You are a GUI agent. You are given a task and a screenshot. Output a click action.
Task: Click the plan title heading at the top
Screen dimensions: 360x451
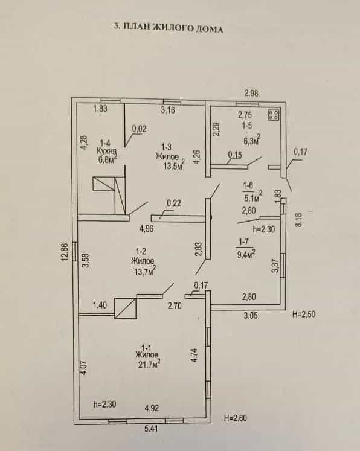click(x=169, y=28)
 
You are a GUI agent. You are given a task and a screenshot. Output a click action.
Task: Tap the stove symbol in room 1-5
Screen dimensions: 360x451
click(x=274, y=115)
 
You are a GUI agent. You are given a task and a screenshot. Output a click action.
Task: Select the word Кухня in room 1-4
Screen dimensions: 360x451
click(x=106, y=152)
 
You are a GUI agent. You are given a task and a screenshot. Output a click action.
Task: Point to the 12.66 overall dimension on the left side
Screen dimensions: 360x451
click(x=65, y=252)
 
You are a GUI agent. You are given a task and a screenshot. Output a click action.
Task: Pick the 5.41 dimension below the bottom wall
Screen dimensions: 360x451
click(x=152, y=429)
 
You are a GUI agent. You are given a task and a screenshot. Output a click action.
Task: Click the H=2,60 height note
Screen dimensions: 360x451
click(x=236, y=418)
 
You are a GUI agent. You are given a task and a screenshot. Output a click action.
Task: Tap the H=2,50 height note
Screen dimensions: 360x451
click(x=304, y=314)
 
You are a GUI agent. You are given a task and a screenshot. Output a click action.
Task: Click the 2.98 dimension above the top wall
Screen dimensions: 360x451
click(x=251, y=93)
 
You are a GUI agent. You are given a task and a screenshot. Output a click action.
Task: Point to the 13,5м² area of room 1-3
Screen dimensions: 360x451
click(x=174, y=165)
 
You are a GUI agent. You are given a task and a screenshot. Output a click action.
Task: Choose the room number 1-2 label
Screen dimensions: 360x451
click(x=140, y=251)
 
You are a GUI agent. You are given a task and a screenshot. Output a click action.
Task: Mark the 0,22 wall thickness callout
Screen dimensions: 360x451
click(x=174, y=203)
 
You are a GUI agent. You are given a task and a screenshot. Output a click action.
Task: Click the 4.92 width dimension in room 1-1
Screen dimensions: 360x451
click(x=152, y=408)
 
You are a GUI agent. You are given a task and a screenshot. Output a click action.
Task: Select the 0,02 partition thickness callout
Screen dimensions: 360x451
click(x=140, y=129)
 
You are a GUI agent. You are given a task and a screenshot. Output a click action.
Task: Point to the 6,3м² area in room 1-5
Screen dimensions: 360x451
click(x=252, y=141)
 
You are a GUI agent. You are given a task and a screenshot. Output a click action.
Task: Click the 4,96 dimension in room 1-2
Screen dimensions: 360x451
click(x=146, y=229)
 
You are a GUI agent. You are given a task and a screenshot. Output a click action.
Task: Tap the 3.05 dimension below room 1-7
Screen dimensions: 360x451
click(x=251, y=316)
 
